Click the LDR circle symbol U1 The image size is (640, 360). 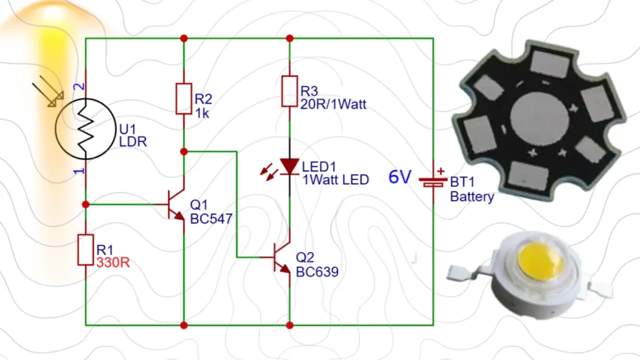[x=85, y=127]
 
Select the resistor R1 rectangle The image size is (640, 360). [x=85, y=249]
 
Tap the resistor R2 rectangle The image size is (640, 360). [x=183, y=99]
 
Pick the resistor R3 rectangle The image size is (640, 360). [x=289, y=91]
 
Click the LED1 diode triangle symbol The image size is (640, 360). [x=289, y=166]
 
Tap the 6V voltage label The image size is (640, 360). [x=399, y=177]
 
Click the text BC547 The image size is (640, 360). [x=211, y=219]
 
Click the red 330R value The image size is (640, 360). [x=113, y=262]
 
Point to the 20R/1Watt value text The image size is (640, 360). [x=334, y=105]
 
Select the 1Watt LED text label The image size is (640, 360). [x=335, y=180]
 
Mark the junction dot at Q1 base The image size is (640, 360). [x=86, y=204]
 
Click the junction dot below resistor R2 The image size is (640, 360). [x=183, y=151]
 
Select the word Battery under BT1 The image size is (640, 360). [x=472, y=197]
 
